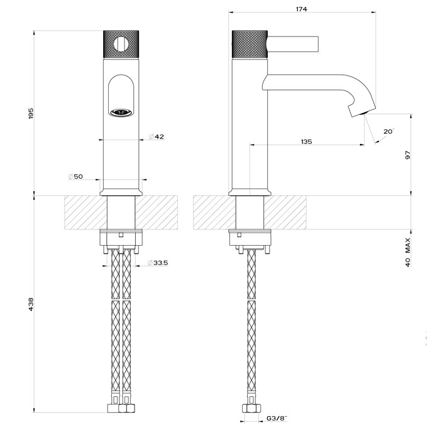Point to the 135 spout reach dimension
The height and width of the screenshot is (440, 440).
[306, 142]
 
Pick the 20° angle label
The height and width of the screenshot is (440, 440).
[388, 131]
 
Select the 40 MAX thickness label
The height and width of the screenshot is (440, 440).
[408, 253]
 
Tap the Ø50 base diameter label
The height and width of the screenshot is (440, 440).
[75, 177]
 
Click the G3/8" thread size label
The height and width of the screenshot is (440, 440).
[277, 417]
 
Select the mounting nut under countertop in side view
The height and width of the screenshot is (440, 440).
[251, 239]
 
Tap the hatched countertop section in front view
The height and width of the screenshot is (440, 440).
[82, 212]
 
